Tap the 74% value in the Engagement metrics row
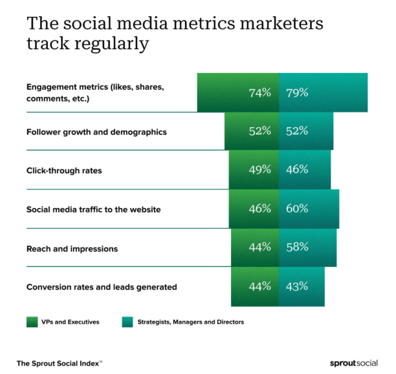coord(259,92)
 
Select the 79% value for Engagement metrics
coord(297,92)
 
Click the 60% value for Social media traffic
coord(297,209)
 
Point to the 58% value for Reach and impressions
coord(297,248)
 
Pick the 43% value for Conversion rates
coord(297,287)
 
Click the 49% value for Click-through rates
coord(259,171)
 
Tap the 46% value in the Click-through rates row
coord(297,171)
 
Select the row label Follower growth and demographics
coord(96,132)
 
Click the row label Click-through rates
coord(64,171)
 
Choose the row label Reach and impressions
coord(72,248)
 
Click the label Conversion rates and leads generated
coord(101,287)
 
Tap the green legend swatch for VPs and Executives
coord(32,322)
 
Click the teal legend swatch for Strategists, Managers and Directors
coord(128,322)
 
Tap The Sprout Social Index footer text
coord(60,363)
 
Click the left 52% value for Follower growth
coord(259,132)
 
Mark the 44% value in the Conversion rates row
coord(259,287)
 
